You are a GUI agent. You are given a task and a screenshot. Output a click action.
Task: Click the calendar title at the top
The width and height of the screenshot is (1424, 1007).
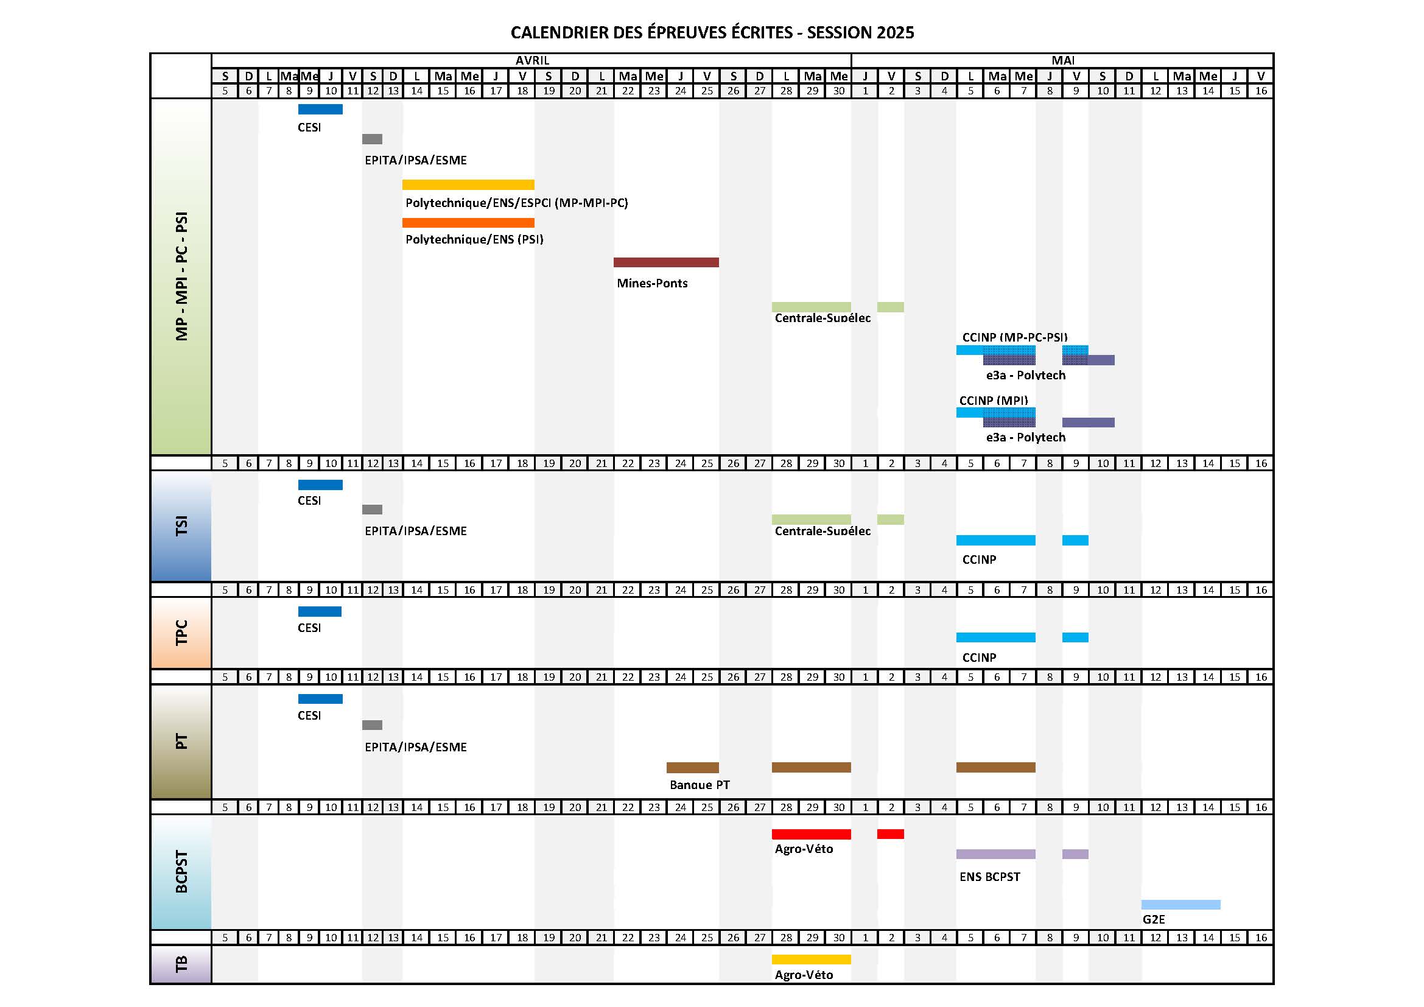point(712,32)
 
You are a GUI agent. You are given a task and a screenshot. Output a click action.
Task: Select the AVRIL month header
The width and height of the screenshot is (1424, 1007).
point(532,60)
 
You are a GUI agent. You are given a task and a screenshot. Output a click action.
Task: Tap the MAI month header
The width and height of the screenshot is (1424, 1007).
point(1063,60)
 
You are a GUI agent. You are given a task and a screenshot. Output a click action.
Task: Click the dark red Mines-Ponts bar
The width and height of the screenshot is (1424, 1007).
point(666,262)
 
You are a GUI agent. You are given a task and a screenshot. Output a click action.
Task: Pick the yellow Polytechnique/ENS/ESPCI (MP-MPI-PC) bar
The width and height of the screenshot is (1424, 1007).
point(468,185)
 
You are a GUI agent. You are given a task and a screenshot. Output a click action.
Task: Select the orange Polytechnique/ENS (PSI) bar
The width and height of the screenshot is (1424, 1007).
point(468,223)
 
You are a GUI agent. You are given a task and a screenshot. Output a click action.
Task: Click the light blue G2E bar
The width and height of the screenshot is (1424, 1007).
point(1181,905)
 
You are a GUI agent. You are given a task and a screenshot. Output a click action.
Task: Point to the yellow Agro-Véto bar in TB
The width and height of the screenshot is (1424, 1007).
point(811,960)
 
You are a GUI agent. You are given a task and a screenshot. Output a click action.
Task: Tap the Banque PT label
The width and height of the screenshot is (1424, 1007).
point(700,785)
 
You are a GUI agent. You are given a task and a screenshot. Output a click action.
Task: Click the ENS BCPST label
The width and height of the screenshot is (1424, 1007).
point(990,877)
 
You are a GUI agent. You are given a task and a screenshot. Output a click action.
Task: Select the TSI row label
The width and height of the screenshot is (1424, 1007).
point(181,527)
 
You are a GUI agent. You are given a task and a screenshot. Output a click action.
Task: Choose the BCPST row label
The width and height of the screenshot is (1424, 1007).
point(181,871)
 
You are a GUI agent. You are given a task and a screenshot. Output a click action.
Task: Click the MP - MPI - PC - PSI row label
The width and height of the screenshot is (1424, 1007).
point(181,276)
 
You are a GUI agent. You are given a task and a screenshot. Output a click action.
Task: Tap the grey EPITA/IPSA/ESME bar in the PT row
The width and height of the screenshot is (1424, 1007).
point(372,725)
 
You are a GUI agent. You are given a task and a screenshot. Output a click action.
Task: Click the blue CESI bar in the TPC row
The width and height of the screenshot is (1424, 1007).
point(320,611)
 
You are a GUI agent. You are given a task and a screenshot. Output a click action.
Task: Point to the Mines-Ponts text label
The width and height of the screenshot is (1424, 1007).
point(652,283)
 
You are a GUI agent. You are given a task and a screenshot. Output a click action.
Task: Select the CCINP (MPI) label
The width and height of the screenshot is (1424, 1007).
point(994,401)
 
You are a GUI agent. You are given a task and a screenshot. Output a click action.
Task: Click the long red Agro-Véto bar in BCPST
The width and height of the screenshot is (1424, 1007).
point(811,834)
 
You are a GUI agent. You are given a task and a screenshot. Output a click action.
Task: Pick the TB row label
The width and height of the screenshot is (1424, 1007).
point(181,964)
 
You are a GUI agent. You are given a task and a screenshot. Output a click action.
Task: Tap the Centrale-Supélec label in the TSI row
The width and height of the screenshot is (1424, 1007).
point(822,531)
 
